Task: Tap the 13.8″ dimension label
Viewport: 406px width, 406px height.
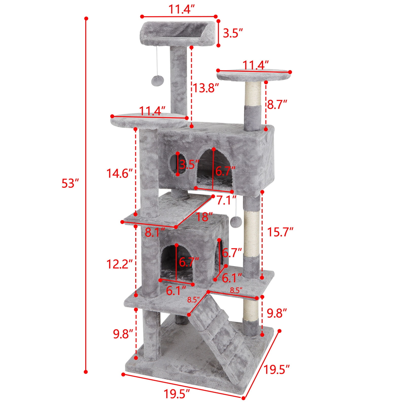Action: pos(205,88)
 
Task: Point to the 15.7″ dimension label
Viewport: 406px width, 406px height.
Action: pos(280,232)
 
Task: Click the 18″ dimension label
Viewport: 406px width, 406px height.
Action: pos(204,217)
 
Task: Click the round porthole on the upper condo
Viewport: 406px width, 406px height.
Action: pos(173,164)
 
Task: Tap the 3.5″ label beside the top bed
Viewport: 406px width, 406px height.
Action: pos(233,33)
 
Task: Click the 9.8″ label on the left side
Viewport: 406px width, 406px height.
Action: pos(123,334)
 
